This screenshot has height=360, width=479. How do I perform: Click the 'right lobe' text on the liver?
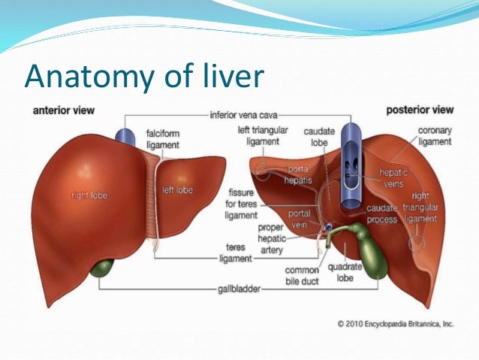click(x=89, y=195)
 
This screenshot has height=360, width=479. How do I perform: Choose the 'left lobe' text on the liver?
click(x=177, y=190)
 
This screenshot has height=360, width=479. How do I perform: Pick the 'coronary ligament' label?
click(x=435, y=136)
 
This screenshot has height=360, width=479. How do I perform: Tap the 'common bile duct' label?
click(x=303, y=276)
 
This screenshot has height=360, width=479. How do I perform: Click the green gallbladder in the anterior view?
click(x=103, y=268)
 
